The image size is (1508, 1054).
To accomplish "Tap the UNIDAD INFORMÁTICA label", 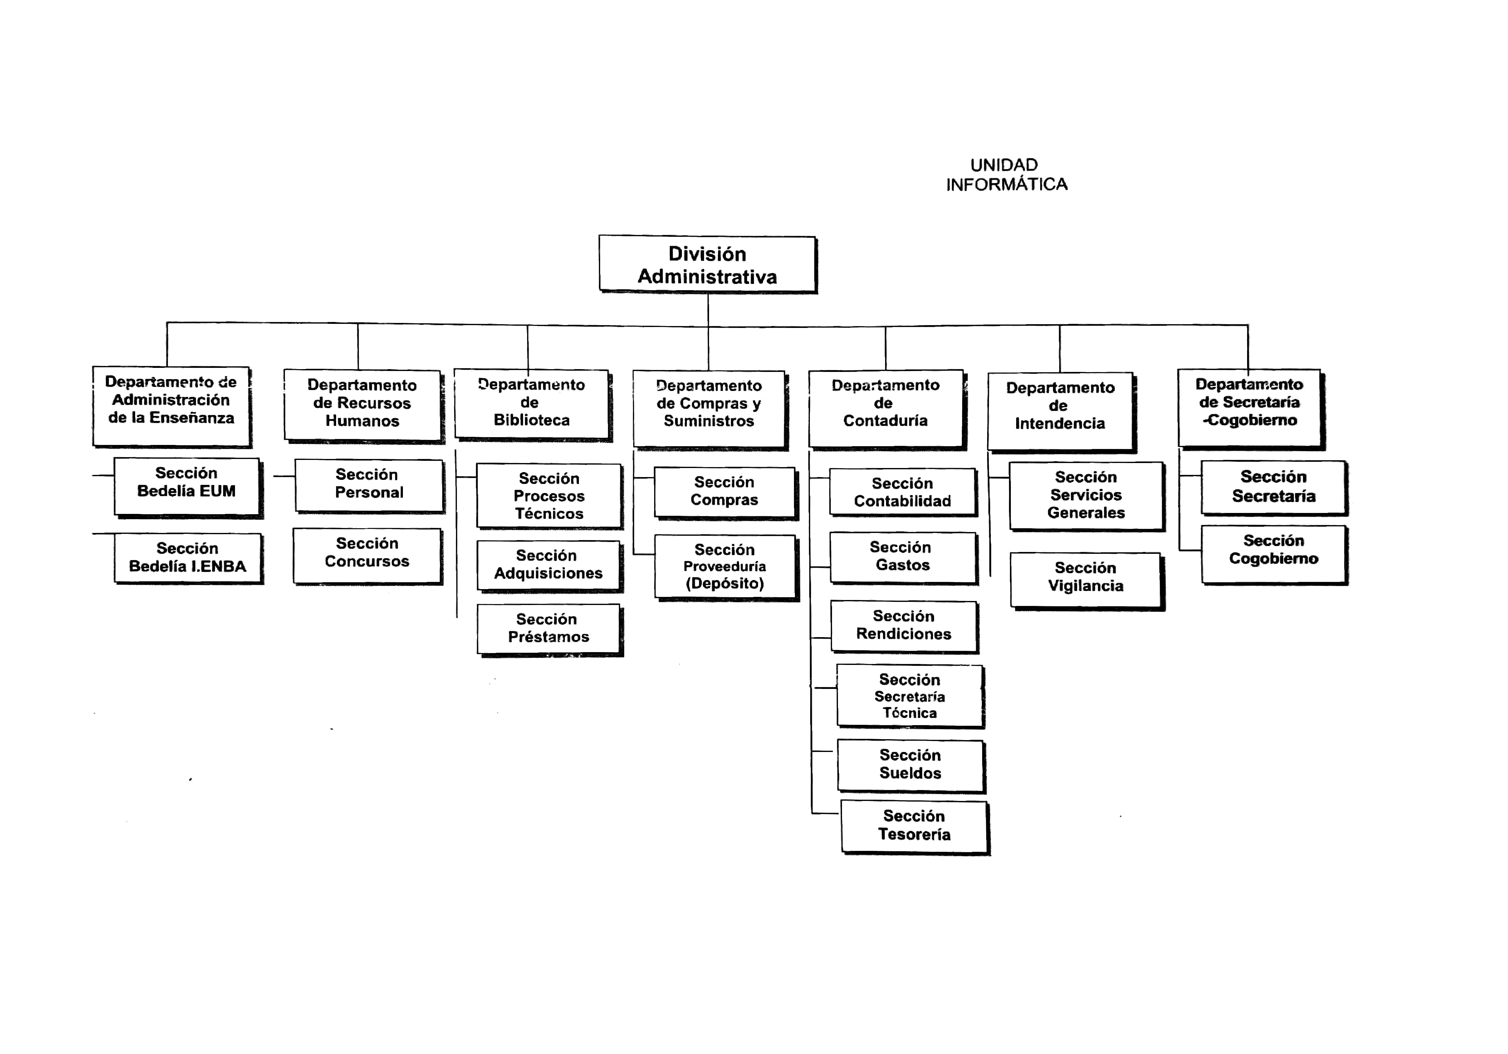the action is (x=1006, y=175).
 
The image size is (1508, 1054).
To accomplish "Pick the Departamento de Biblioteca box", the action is (x=532, y=404).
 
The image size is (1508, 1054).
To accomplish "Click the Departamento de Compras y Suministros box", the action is (x=710, y=410).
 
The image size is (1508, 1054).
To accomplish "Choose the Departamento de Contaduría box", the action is (x=887, y=410).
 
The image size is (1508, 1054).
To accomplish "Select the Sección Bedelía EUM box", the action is (x=188, y=487).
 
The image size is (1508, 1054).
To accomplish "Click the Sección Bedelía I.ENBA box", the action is (x=188, y=558).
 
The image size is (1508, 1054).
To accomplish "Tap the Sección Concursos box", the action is (x=368, y=556).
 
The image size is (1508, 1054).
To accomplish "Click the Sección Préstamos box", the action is (x=550, y=629).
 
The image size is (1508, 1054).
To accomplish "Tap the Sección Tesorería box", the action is (x=915, y=827).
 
